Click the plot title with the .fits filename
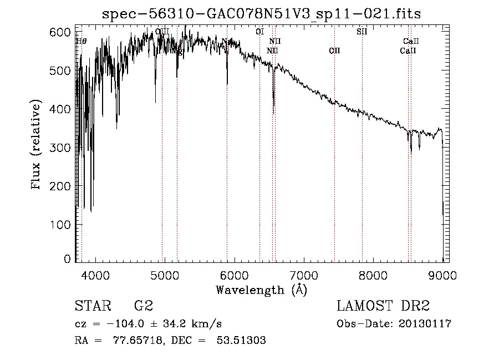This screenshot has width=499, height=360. (x=262, y=14)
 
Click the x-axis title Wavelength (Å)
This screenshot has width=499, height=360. (x=261, y=290)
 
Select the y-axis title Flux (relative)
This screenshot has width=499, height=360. (x=37, y=146)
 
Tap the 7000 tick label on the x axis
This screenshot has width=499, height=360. (x=304, y=275)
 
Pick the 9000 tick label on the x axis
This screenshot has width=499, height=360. (x=442, y=275)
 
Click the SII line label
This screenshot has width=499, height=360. (x=361, y=32)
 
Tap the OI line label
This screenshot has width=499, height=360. (x=259, y=32)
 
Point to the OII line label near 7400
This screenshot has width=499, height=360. (x=334, y=51)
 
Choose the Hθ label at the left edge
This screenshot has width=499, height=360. (x=81, y=41)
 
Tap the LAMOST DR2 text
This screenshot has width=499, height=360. (x=383, y=307)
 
